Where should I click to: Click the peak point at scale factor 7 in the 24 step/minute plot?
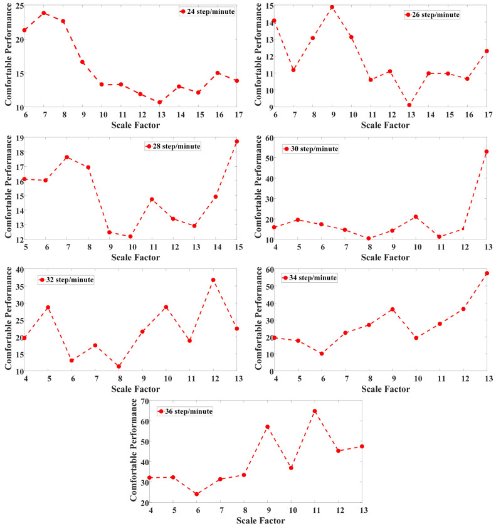coord(44,13)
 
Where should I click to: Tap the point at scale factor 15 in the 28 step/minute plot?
coord(236,142)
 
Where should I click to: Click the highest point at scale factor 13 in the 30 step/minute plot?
coord(486,152)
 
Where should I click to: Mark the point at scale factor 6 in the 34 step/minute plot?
coord(322,354)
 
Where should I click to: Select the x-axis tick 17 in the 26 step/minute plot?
coord(487,115)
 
